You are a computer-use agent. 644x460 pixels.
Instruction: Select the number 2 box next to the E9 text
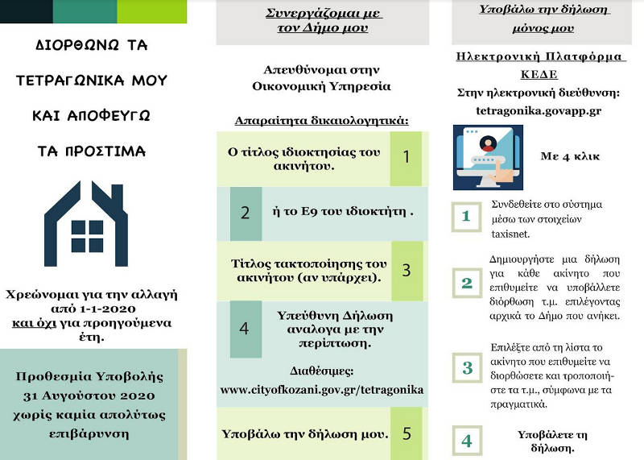[246, 213]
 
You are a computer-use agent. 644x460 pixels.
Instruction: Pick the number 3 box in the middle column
[407, 270]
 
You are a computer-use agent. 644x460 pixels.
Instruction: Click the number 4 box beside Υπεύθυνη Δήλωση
[246, 328]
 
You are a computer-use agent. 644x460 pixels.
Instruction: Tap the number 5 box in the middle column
[407, 433]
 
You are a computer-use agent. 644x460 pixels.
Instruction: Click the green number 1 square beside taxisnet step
[466, 216]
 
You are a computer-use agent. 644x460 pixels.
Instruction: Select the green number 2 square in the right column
[466, 284]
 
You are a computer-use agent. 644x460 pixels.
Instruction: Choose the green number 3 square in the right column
[466, 369]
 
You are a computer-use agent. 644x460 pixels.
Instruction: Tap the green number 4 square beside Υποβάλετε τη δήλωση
[466, 441]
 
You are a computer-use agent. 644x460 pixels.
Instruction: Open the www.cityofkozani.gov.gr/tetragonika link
[322, 390]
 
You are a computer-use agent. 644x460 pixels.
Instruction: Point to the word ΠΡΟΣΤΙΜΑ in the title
[91, 151]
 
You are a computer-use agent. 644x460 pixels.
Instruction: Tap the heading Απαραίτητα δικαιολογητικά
[322, 121]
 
